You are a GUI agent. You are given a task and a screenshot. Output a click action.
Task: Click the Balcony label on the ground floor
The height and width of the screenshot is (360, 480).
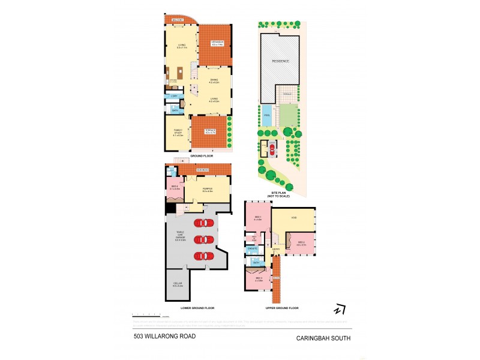pyautogui.click(x=177, y=20)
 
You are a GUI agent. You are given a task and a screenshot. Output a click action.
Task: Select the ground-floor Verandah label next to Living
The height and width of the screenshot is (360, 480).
pyautogui.click(x=217, y=42)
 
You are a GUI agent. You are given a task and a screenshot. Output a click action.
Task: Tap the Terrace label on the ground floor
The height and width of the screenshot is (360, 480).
pyautogui.click(x=209, y=131)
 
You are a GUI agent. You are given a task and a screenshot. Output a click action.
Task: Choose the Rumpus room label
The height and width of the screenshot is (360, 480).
pyautogui.click(x=208, y=190)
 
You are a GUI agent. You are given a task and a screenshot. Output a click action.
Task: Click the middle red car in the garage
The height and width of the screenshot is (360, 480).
pyautogui.click(x=203, y=239)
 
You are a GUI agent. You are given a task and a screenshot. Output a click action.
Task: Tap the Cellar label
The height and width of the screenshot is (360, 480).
pyautogui.click(x=178, y=286)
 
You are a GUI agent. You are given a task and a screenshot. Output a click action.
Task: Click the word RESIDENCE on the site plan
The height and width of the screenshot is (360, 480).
pyautogui.click(x=281, y=61)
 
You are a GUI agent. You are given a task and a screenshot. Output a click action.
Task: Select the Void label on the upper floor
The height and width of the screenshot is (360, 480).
pyautogui.click(x=294, y=217)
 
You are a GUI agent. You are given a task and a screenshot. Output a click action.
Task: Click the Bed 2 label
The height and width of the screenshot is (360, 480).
pyautogui.click(x=301, y=244)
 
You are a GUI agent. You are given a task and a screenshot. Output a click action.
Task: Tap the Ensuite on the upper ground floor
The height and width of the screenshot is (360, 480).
pyautogui.click(x=253, y=248)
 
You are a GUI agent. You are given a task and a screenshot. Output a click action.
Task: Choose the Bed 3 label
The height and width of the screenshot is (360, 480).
pyautogui.click(x=259, y=279)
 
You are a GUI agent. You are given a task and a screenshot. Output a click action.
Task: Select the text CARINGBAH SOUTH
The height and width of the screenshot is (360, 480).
pyautogui.click(x=323, y=338)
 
